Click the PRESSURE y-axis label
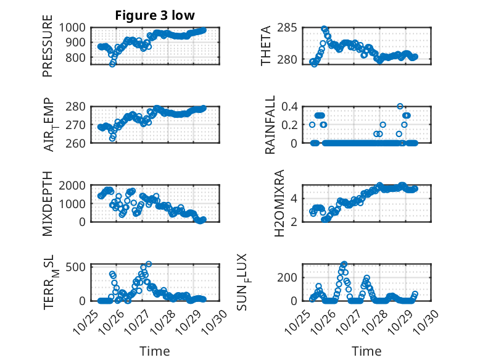pos(48,50)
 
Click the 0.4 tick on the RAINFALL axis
pos(291,106)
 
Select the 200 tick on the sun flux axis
pos(290,277)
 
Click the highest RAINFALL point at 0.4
pos(400,106)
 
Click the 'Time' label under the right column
pos(366,351)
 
